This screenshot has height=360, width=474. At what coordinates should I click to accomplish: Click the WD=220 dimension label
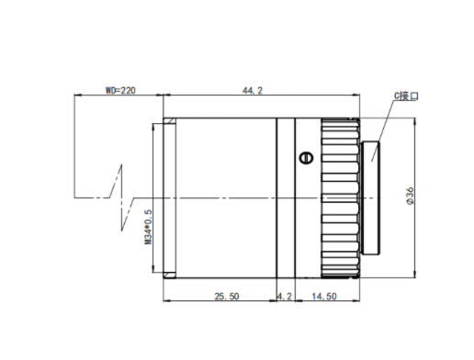(120, 90)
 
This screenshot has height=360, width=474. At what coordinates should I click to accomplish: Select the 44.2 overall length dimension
(253, 91)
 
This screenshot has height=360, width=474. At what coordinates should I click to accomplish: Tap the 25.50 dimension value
(227, 297)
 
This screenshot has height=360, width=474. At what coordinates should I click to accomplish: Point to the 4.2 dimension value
(285, 297)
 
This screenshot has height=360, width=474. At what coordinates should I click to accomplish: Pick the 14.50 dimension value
(324, 297)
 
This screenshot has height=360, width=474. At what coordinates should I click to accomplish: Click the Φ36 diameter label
(410, 196)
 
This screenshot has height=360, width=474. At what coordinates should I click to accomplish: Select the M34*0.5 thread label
(148, 227)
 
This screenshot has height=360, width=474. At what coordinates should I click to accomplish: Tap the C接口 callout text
(406, 96)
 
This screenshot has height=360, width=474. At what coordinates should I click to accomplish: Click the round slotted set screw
(306, 158)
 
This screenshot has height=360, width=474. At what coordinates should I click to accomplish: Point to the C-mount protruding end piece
(370, 198)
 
